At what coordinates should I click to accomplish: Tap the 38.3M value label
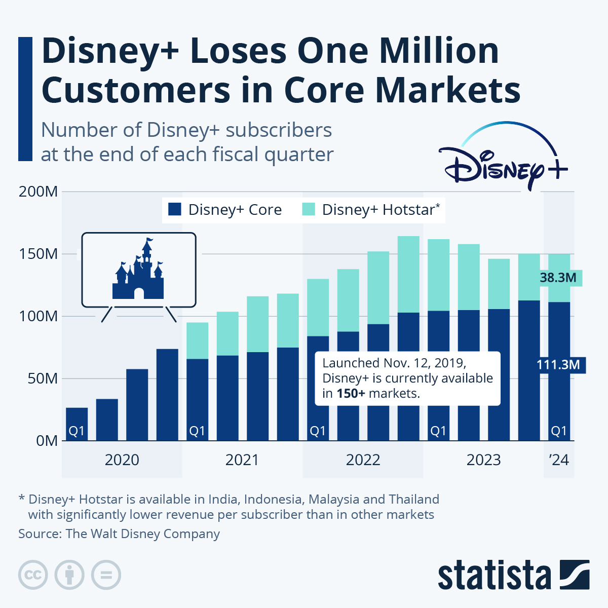coord(558,278)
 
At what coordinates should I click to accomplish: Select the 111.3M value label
coord(558,364)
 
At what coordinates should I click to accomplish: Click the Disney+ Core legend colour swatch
coord(174,210)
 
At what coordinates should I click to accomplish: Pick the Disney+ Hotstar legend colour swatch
coord(309,210)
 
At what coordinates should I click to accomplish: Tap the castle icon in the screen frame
coord(138,271)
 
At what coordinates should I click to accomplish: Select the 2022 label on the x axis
coord(363,460)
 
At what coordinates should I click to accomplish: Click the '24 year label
coord(559,460)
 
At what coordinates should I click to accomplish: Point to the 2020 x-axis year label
coord(122,460)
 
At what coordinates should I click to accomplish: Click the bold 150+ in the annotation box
coord(351,394)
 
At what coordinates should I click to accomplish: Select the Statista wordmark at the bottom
coord(494,576)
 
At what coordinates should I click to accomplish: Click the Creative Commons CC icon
coord(33,575)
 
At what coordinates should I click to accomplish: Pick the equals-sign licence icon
coord(106,575)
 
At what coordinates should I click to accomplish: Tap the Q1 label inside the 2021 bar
coord(197,431)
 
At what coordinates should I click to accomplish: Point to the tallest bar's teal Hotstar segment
coord(408,274)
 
